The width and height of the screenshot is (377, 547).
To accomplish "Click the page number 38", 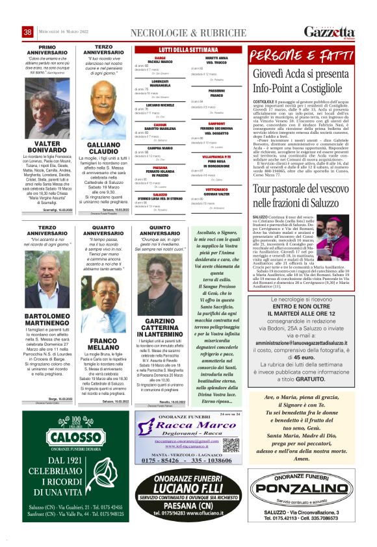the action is (x=28, y=32).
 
